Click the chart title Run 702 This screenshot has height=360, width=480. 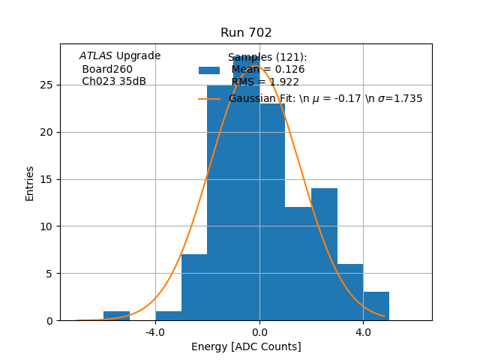[x=246, y=33]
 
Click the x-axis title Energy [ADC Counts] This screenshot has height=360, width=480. [x=246, y=346]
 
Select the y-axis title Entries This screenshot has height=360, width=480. [x=30, y=183]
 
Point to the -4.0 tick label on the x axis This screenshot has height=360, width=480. [x=155, y=331]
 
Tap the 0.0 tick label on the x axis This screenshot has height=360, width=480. [x=259, y=331]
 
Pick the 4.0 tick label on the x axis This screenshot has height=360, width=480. [x=363, y=331]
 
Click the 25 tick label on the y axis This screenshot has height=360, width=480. [x=46, y=85]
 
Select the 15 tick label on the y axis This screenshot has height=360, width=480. [x=46, y=179]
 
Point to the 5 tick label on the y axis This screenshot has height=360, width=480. [x=49, y=274]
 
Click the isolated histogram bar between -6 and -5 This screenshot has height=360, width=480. [x=116, y=316]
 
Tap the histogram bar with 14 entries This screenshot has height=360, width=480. [x=324, y=255]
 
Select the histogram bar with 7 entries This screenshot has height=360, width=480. [x=194, y=288]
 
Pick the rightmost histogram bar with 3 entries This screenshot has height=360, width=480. [x=376, y=307]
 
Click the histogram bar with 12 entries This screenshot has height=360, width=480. [x=298, y=264]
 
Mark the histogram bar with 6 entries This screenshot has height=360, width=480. [x=350, y=292]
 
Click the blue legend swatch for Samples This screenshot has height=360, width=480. [x=209, y=70]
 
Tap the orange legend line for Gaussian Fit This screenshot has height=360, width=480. [x=209, y=99]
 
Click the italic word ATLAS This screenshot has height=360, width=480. [x=96, y=56]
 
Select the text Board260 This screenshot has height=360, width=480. [x=107, y=69]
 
